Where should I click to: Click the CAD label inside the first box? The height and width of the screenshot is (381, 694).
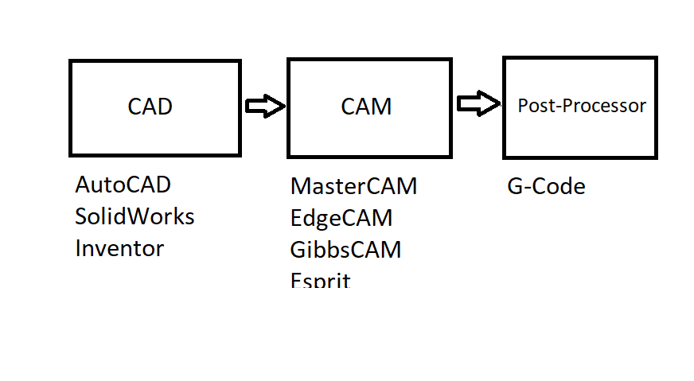pos(150,107)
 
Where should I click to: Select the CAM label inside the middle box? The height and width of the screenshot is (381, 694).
pos(366,107)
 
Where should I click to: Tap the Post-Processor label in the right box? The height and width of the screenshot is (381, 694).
pos(582,105)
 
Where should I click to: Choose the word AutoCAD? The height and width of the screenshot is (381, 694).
pos(123,185)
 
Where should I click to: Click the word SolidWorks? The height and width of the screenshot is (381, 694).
pos(135,216)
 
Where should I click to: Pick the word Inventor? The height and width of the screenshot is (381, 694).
pos(119,248)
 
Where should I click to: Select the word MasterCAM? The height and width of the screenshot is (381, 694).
pos(353,186)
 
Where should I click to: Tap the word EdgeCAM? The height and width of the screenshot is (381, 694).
pos(341,218)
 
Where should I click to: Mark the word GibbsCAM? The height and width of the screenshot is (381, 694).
pos(345,250)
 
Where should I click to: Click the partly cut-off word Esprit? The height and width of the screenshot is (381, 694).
pos(321,280)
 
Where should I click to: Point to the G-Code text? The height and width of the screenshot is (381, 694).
pos(546,187)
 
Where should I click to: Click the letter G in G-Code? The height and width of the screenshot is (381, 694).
pos(515,187)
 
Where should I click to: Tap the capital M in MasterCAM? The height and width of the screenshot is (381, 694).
pos(301,186)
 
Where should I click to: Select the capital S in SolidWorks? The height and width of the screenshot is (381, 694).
pos(81,216)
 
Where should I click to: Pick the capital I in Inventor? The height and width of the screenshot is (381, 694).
pos(78,248)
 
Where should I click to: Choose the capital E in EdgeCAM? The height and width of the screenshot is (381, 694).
pos(296,218)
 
